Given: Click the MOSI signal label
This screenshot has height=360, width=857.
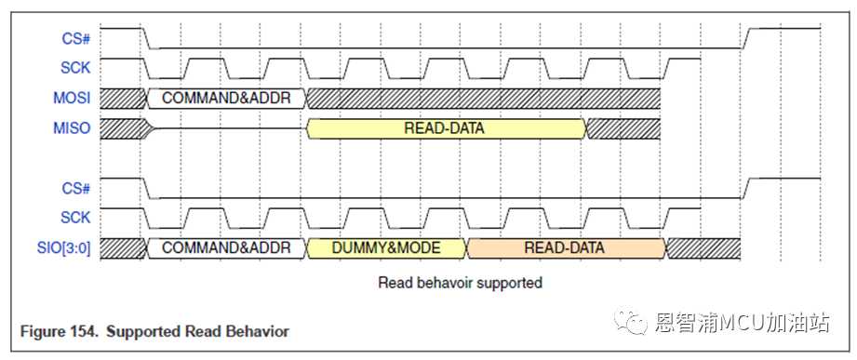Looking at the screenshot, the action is click(x=72, y=99).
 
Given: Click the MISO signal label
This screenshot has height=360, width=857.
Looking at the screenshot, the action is click(x=72, y=128).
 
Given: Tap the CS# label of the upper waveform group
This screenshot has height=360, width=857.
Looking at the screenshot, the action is click(x=76, y=39).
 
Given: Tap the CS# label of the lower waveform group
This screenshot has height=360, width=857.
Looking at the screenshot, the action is click(x=76, y=189).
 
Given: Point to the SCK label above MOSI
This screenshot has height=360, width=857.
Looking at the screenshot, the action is click(x=75, y=68).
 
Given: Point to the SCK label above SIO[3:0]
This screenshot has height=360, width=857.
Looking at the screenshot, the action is click(x=75, y=218).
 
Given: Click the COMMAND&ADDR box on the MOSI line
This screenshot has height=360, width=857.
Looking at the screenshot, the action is click(x=226, y=99).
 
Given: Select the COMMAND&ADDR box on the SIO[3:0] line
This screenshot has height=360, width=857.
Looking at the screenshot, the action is click(x=226, y=248).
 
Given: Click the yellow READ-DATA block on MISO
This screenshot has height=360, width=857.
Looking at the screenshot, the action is click(x=447, y=128).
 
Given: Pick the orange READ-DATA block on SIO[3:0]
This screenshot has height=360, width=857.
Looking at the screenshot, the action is click(x=567, y=248).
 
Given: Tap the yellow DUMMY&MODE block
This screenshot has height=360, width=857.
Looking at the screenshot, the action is click(x=386, y=248).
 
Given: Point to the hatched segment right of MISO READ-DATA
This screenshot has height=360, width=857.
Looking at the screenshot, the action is click(x=623, y=128).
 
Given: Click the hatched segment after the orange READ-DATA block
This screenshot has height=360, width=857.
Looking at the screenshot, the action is click(x=703, y=248).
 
